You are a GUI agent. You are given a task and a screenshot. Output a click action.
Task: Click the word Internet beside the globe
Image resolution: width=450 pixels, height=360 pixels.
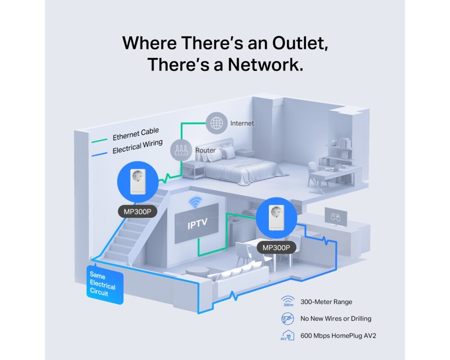tap(242, 123)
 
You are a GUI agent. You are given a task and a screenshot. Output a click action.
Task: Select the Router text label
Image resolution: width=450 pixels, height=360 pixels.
tap(205, 150)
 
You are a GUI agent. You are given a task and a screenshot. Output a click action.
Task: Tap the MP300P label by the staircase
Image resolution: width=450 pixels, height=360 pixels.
tap(137, 211)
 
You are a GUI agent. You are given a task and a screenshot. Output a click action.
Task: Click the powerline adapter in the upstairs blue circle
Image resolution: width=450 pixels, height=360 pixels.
tap(137, 182)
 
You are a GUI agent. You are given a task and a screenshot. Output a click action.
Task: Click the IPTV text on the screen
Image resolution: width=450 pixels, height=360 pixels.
tap(198, 224)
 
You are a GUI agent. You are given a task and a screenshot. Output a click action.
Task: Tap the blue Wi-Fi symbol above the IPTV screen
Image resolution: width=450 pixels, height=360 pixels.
tap(195, 202)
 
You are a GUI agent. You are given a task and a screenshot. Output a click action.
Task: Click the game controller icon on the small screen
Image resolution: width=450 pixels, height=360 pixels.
tap(336, 216)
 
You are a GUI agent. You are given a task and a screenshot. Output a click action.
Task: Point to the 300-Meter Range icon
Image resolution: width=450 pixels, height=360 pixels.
tap(288, 302)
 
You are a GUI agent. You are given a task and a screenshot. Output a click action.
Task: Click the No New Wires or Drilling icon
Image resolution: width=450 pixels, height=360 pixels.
tap(288, 319)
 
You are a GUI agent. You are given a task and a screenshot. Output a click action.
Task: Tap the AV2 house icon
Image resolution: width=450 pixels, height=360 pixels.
tap(288, 335)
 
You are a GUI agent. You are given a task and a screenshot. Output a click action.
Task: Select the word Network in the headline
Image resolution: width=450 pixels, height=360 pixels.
tap(265, 65)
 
